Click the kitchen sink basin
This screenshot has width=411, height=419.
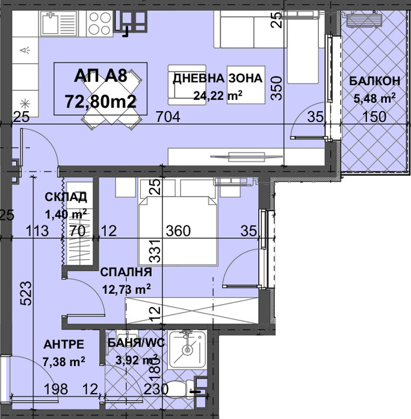[50, 23]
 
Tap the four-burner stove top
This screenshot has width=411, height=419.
[99, 23]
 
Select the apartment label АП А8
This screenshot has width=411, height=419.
[101, 76]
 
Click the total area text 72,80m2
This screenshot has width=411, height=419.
[101, 102]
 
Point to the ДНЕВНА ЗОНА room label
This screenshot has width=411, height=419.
[218, 78]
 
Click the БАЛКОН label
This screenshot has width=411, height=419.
[375, 81]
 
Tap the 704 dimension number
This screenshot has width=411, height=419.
[168, 117]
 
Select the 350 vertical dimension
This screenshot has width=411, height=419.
[276, 88]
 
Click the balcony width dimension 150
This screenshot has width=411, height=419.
[374, 117]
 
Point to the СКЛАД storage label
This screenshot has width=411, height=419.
[66, 197]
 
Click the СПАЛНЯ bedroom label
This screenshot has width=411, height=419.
[126, 272]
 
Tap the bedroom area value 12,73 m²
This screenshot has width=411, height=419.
[126, 289]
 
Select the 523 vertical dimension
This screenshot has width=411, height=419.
[26, 293]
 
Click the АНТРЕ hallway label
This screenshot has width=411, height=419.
[64, 344]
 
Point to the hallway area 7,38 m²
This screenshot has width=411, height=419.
[64, 361]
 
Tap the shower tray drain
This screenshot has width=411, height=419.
[188, 349]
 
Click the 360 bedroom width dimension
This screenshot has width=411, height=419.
[178, 231]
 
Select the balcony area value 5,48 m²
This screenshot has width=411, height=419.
[374, 99]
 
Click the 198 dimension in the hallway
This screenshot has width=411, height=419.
[55, 390]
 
